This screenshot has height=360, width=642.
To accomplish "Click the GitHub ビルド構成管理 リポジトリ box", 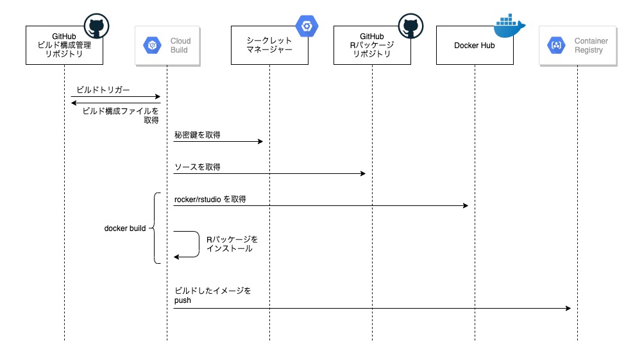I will [64, 46].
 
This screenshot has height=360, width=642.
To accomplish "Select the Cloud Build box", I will [167, 46].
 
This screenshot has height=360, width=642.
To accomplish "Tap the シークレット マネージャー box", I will [269, 46].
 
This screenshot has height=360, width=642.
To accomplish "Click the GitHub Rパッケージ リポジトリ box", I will [372, 46].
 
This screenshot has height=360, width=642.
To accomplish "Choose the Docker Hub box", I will [475, 46].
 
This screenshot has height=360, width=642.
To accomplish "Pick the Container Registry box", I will [577, 46].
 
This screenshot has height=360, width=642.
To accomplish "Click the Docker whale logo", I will [510, 23].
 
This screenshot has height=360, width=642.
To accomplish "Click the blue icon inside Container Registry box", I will [555, 46].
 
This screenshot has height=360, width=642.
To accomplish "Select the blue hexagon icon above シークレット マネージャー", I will [307, 26].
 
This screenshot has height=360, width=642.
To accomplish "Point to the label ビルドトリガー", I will [103, 90].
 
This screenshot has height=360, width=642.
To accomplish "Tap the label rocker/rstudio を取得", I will [210, 200].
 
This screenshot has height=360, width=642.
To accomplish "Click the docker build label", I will [125, 228].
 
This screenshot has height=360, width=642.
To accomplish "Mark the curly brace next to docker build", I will [155, 228].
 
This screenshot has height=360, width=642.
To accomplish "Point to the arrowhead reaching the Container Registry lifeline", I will [568, 309].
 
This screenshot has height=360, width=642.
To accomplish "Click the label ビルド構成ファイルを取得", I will [122, 115].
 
